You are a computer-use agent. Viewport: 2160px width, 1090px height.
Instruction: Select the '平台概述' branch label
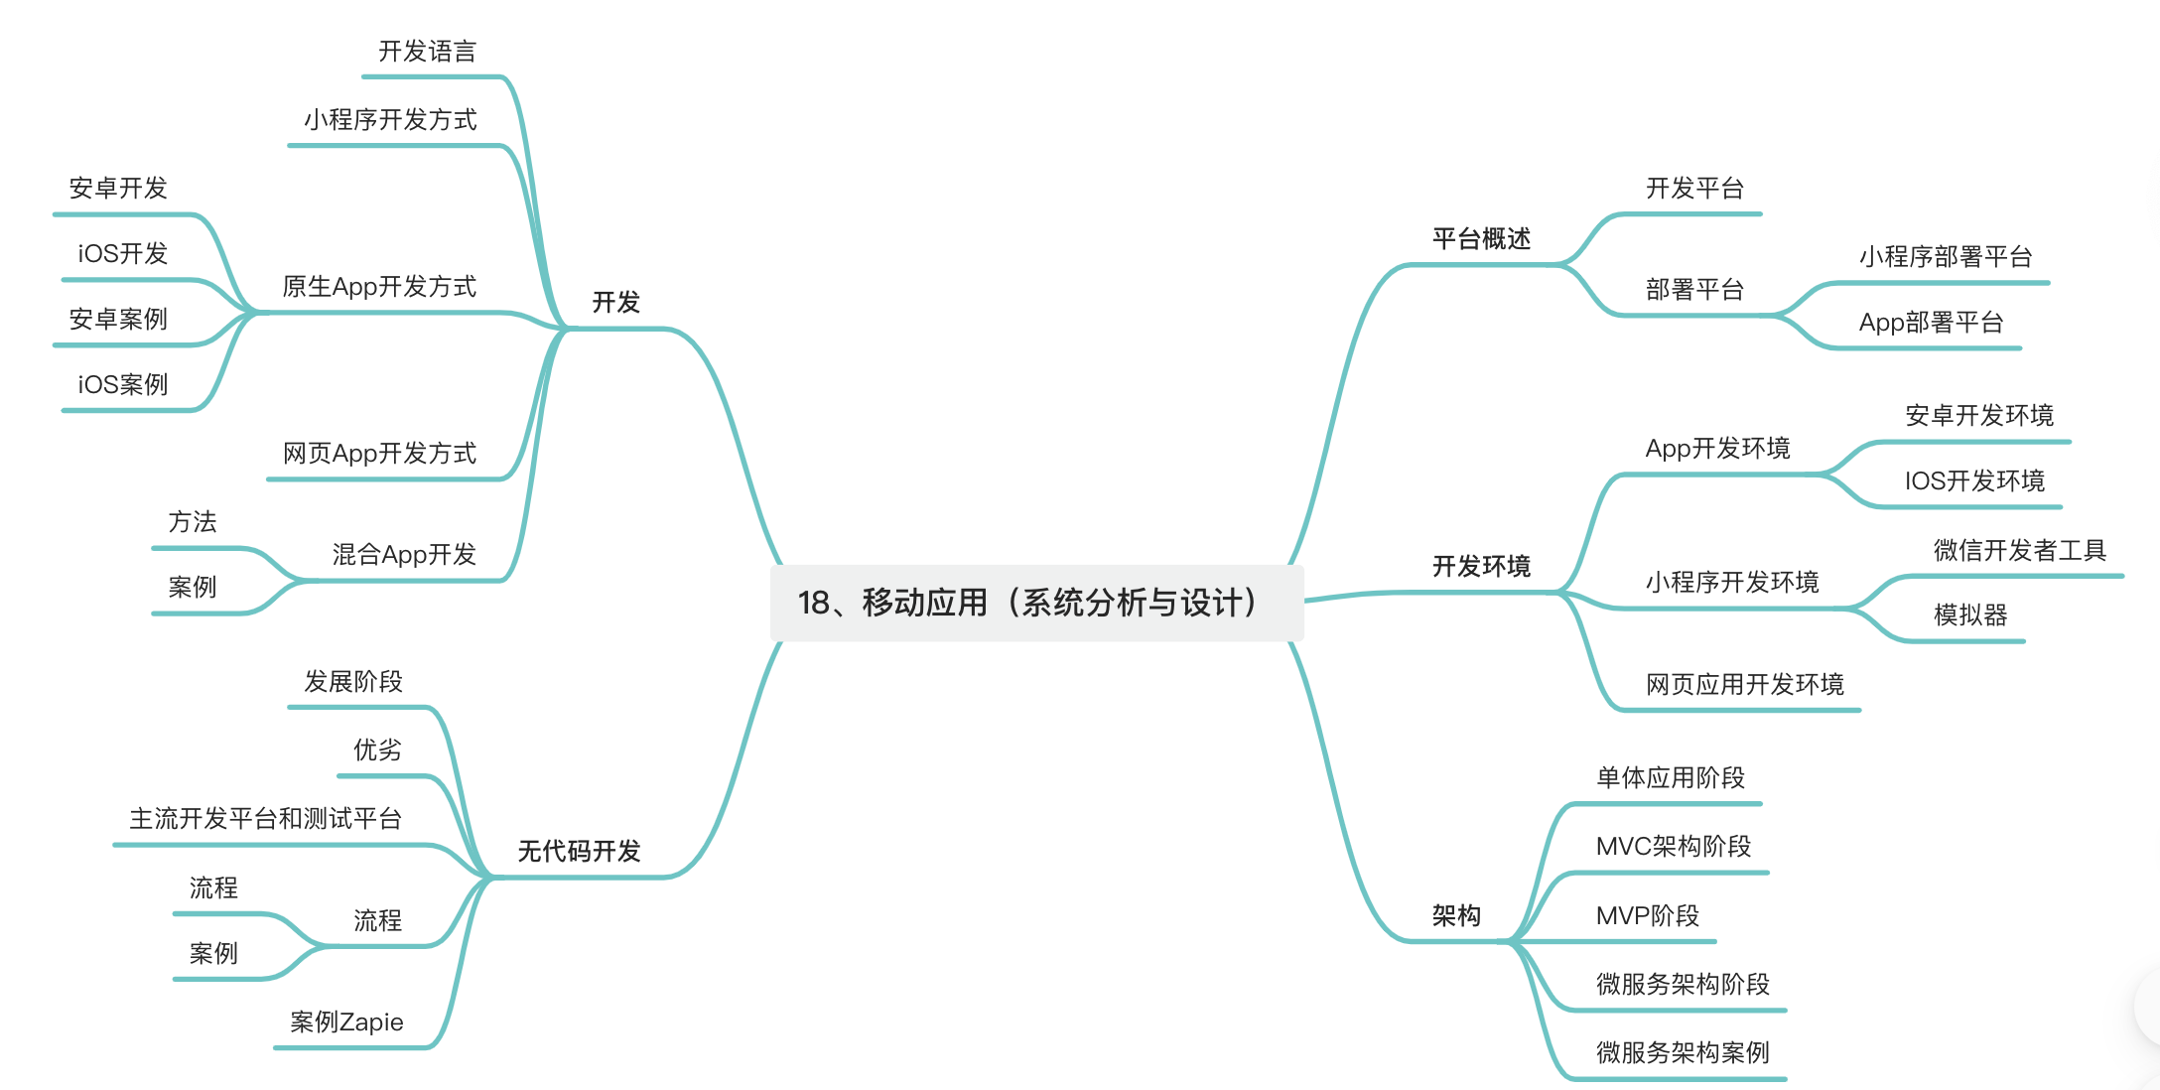(1481, 239)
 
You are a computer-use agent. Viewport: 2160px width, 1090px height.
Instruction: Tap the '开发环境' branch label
(1481, 567)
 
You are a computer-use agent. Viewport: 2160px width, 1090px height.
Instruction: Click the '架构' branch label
(1456, 916)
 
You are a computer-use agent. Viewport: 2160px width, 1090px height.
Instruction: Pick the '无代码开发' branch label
(580, 852)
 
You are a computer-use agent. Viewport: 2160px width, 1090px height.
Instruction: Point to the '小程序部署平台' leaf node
(1946, 257)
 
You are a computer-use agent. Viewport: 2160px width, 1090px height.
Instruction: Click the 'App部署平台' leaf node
(1931, 323)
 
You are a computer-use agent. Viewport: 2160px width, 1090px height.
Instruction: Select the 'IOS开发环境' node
(1974, 481)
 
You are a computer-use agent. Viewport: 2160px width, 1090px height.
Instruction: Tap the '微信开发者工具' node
(2019, 550)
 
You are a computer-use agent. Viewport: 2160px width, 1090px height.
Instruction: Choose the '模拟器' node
(1970, 615)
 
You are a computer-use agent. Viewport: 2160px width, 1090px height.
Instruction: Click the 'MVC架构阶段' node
(1673, 847)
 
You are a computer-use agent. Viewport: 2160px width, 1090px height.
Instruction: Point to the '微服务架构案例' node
(1683, 1053)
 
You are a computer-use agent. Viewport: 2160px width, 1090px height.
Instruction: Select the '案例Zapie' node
(346, 1022)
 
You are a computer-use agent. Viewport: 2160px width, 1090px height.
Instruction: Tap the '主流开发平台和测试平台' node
(265, 819)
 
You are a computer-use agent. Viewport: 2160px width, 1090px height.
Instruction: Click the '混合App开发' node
(404, 555)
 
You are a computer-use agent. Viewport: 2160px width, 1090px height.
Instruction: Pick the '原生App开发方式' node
(379, 287)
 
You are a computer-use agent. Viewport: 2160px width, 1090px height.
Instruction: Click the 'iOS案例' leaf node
(123, 385)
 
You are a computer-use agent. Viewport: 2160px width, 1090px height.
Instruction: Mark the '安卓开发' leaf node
(118, 189)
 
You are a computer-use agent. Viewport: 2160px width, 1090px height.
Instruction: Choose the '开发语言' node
(427, 52)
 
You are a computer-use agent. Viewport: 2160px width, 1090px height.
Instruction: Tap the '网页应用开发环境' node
(1744, 685)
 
